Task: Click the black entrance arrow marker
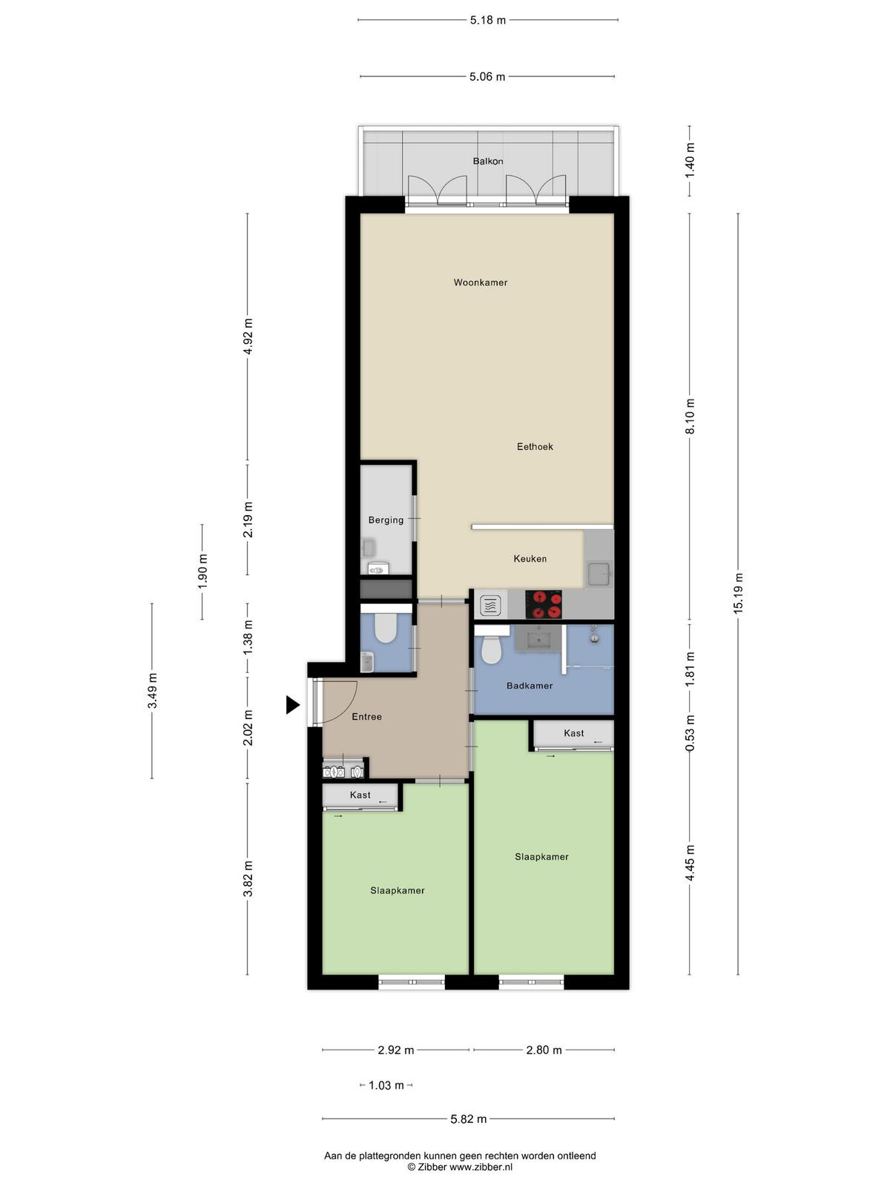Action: pyautogui.click(x=292, y=705)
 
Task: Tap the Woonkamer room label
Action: pyautogui.click(x=481, y=282)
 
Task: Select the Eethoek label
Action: pyautogui.click(x=535, y=447)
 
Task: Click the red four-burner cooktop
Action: pyautogui.click(x=544, y=604)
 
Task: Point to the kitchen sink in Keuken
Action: pyautogui.click(x=599, y=574)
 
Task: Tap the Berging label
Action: pyautogui.click(x=386, y=520)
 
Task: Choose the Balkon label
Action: pyautogui.click(x=488, y=161)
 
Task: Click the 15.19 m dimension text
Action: pyautogui.click(x=738, y=593)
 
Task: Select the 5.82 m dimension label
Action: pyautogui.click(x=469, y=1119)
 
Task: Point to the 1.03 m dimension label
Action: pyautogui.click(x=386, y=1085)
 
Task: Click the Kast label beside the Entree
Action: pyautogui.click(x=360, y=795)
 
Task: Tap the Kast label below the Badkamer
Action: pyautogui.click(x=573, y=733)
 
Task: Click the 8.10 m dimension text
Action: pyautogui.click(x=690, y=416)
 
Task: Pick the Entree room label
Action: pyautogui.click(x=366, y=717)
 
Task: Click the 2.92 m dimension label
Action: pyautogui.click(x=395, y=1050)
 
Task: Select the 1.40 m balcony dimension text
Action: pyautogui.click(x=690, y=160)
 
